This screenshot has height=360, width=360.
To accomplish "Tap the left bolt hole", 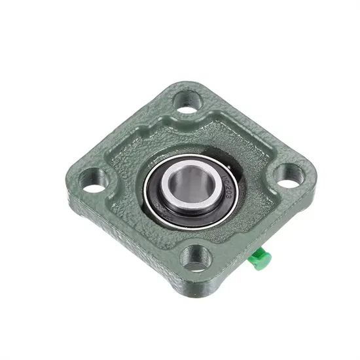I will [94, 179].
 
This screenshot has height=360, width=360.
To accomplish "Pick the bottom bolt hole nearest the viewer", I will [195, 256].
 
